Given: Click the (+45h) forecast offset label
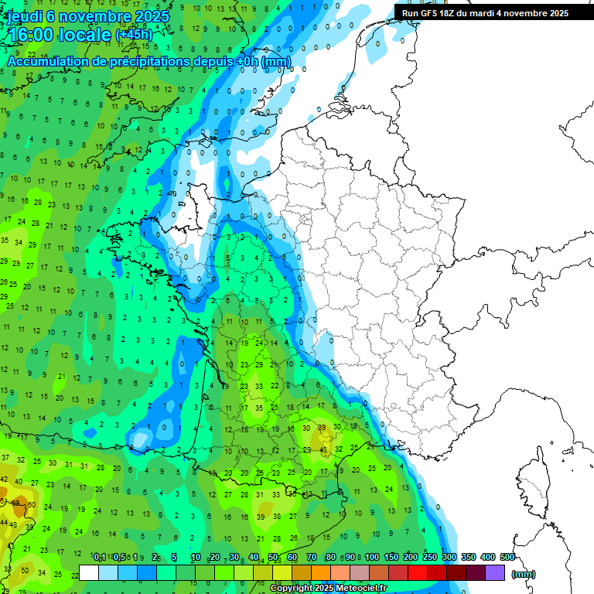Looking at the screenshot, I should click(x=134, y=35).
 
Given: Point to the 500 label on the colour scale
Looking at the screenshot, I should click(x=507, y=557).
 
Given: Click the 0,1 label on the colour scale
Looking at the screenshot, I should click(x=100, y=557).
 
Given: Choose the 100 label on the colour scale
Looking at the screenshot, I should click(x=372, y=557).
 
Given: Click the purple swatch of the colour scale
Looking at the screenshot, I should click(x=495, y=572).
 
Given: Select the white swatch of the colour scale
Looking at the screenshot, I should click(x=89, y=572).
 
